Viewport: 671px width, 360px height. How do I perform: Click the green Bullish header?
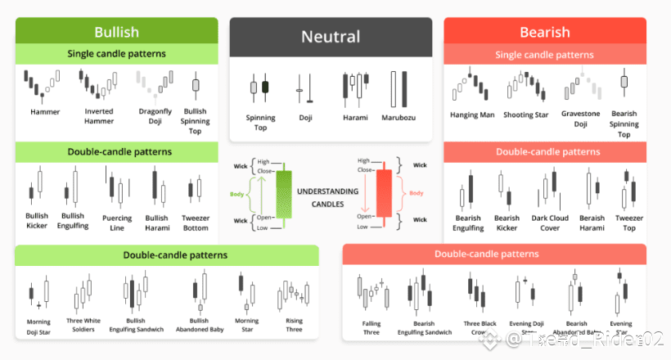[x=116, y=32]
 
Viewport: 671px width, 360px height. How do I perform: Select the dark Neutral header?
[x=331, y=37]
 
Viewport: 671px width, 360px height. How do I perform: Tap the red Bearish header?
[x=544, y=32]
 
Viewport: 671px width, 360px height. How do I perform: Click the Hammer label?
[x=45, y=111]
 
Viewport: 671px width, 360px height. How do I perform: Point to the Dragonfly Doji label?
[x=155, y=116]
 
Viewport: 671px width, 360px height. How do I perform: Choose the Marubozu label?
[x=399, y=118]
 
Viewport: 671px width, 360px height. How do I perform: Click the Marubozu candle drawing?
[x=399, y=88]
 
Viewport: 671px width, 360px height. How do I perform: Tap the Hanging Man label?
[x=472, y=115]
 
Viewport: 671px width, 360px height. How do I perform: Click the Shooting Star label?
[x=525, y=115]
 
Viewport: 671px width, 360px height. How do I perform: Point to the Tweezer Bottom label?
[x=196, y=223]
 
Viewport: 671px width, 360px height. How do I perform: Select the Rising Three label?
[x=293, y=326]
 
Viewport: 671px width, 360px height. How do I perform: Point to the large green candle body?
[x=283, y=195]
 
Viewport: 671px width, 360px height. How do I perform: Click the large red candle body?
[x=383, y=194]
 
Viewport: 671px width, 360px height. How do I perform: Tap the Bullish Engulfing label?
[x=73, y=222]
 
